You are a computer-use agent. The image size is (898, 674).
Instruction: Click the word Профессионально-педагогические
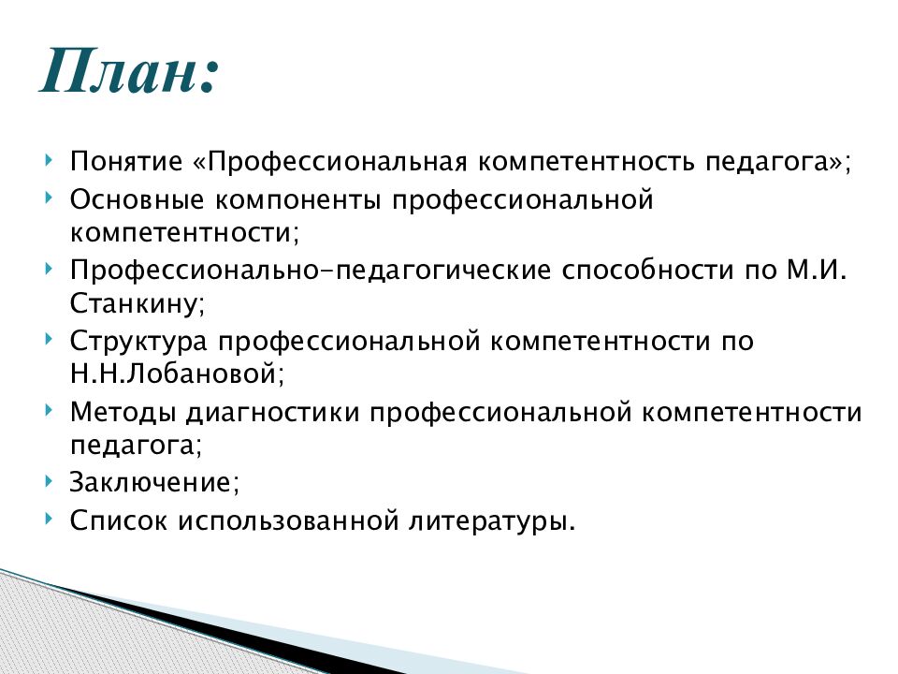click(311, 272)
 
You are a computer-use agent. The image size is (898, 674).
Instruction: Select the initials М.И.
click(813, 272)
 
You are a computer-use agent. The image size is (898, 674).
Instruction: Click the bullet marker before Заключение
click(49, 481)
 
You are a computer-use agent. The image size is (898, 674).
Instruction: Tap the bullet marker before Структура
click(49, 339)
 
